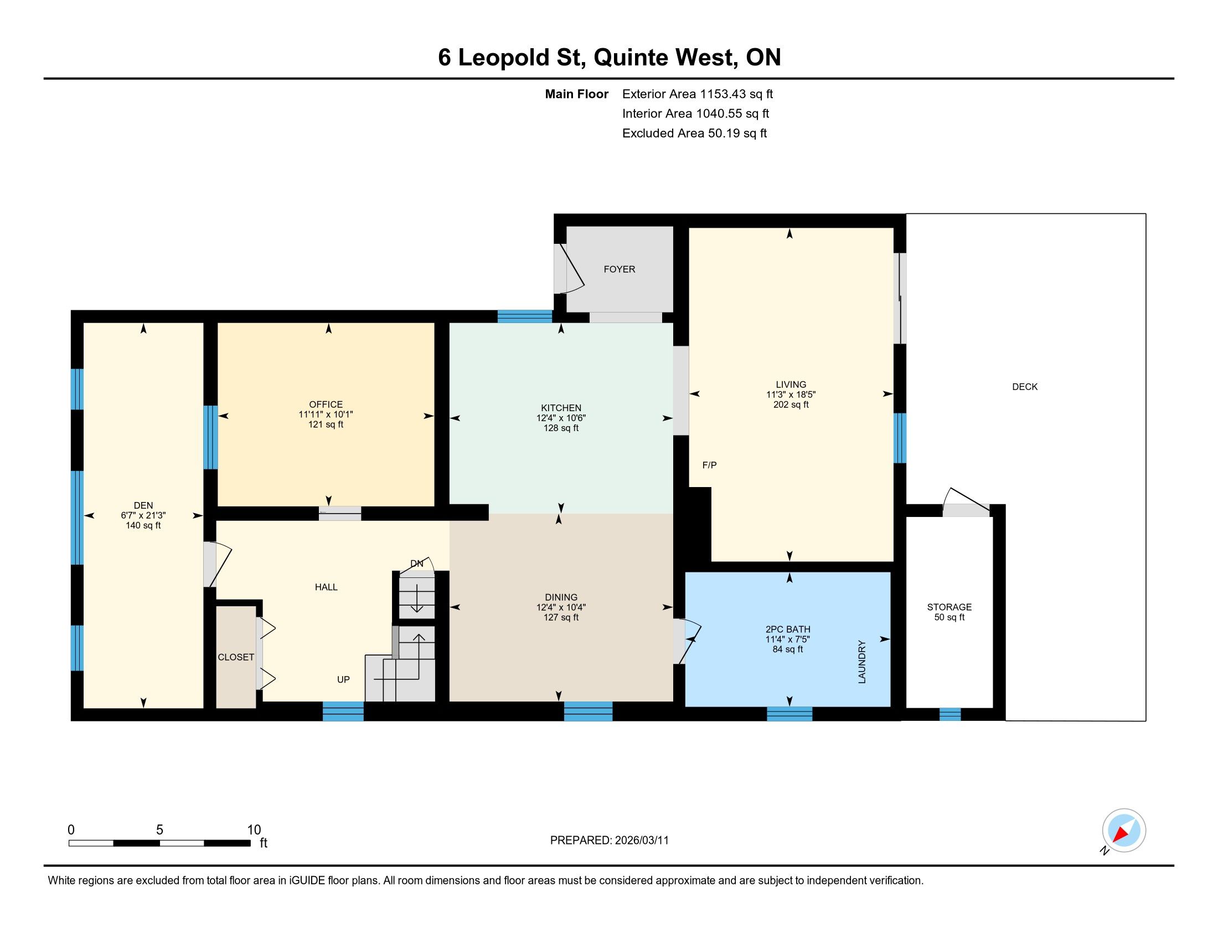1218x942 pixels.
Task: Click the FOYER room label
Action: [x=619, y=269]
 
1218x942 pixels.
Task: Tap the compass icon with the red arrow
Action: [x=1124, y=830]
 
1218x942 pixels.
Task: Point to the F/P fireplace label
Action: [x=709, y=465]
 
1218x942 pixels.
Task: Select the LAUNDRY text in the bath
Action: [x=861, y=662]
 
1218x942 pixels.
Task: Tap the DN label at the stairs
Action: [x=416, y=564]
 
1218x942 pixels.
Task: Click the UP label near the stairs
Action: [x=343, y=680]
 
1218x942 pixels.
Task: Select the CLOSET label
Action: [x=236, y=657]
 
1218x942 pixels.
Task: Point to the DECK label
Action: [x=1025, y=387]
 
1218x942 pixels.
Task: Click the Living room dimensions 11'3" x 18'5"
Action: [x=791, y=395]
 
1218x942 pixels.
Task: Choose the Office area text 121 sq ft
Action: [x=326, y=424]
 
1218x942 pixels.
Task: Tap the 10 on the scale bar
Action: [x=254, y=830]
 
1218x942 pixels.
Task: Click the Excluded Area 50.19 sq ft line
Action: [x=694, y=134]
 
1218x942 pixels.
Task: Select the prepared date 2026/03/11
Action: [x=641, y=841]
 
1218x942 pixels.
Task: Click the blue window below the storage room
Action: [x=949, y=714]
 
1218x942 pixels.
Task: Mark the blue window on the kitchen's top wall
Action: [x=524, y=316]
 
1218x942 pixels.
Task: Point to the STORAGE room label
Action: [x=949, y=607]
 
